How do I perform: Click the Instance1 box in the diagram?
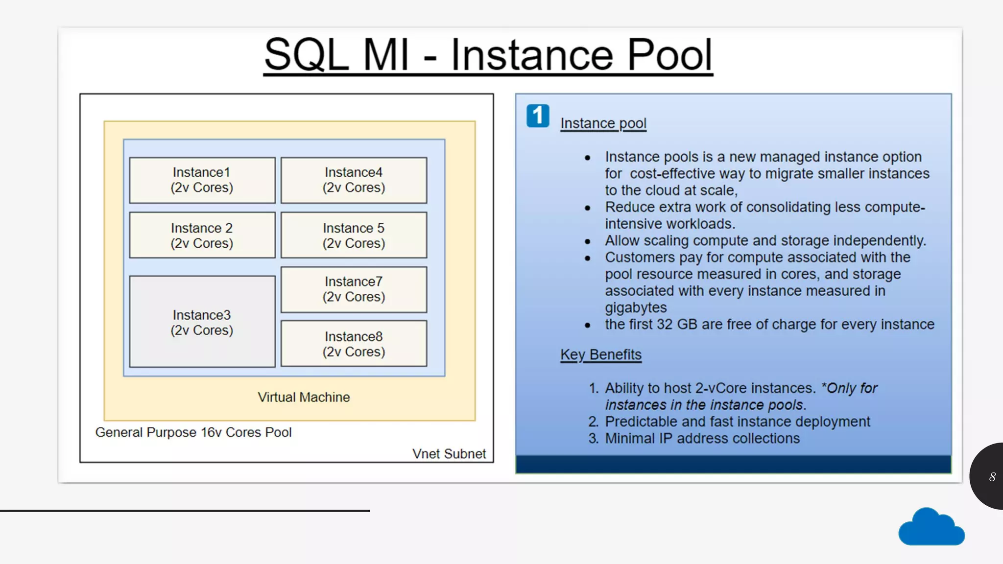point(202,180)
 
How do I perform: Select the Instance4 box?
point(354,180)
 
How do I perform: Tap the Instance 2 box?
point(202,235)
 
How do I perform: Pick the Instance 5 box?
point(354,235)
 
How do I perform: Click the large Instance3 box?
point(202,322)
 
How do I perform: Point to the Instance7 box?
point(354,289)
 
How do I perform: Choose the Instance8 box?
point(354,344)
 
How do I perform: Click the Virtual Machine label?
point(304,397)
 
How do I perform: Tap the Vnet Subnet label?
point(449,454)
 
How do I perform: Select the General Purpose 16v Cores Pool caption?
point(193,432)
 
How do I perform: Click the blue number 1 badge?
point(538,116)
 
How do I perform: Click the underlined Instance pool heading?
point(603,123)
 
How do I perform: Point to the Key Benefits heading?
point(600,354)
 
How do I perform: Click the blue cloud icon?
point(931,528)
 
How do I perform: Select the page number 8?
point(992,477)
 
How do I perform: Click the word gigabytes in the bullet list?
point(635,307)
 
